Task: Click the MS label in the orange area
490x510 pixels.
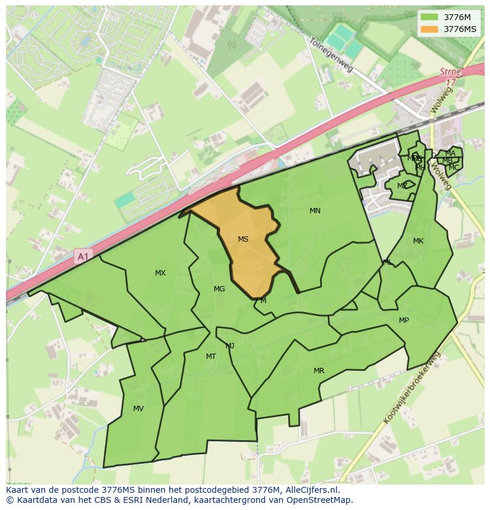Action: [x=243, y=239]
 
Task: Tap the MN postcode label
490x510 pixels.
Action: [x=315, y=211]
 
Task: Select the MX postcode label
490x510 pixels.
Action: [x=160, y=273]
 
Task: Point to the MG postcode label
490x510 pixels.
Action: [x=219, y=289]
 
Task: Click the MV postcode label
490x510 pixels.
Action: [x=138, y=409]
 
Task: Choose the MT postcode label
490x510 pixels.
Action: [x=211, y=357]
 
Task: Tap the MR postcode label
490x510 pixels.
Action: [x=319, y=371]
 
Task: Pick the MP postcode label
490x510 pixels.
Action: [x=404, y=320]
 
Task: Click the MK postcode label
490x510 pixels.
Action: [x=418, y=241]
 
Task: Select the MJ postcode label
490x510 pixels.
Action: [x=230, y=346]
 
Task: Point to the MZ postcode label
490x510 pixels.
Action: [x=402, y=186]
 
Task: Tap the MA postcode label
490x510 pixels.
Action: [x=450, y=153]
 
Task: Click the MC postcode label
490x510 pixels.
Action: [x=454, y=168]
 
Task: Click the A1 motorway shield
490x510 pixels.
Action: [x=82, y=256]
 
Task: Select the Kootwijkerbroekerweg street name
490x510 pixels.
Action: [x=412, y=388]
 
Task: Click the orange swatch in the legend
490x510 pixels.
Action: [x=430, y=29]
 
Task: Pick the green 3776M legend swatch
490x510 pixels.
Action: [x=430, y=17]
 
